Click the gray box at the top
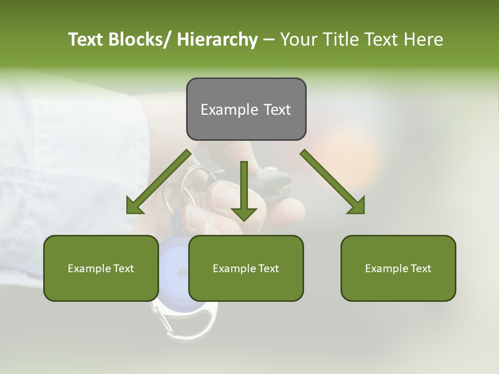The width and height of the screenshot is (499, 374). [246, 109]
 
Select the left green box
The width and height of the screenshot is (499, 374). [101, 268]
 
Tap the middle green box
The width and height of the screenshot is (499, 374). [246, 268]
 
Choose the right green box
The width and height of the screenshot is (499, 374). [398, 268]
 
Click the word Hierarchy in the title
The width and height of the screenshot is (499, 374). [217, 39]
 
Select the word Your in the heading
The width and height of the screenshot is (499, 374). [299, 39]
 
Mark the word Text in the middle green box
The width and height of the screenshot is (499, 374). [268, 269]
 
